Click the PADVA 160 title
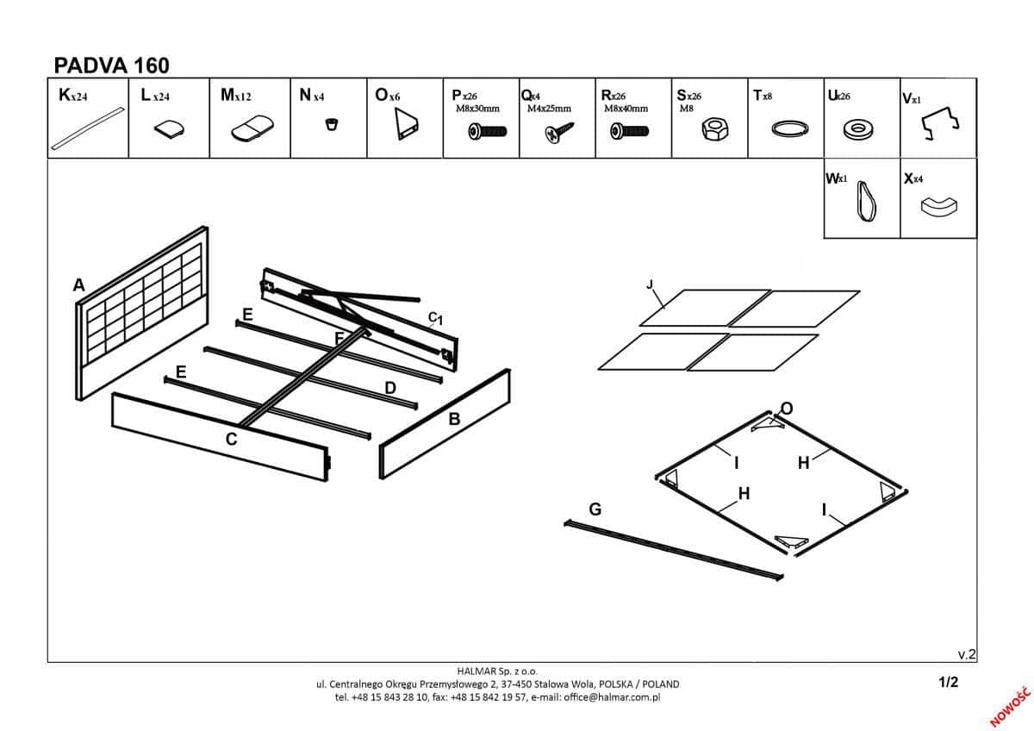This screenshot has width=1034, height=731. tap(112, 66)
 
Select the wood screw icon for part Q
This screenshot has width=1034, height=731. tap(558, 133)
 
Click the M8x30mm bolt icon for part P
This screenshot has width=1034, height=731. tap(487, 131)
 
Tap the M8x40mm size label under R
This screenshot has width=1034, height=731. tap(626, 109)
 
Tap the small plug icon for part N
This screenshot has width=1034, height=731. tap(328, 125)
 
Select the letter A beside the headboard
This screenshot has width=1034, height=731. tap(79, 285)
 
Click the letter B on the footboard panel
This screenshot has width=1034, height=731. tap(454, 419)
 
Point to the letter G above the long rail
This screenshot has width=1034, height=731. tap(595, 509)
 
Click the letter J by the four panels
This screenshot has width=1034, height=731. tap(650, 284)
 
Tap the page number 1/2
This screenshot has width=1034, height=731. tap(948, 682)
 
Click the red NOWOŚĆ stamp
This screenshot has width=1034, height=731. tap(1011, 706)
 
